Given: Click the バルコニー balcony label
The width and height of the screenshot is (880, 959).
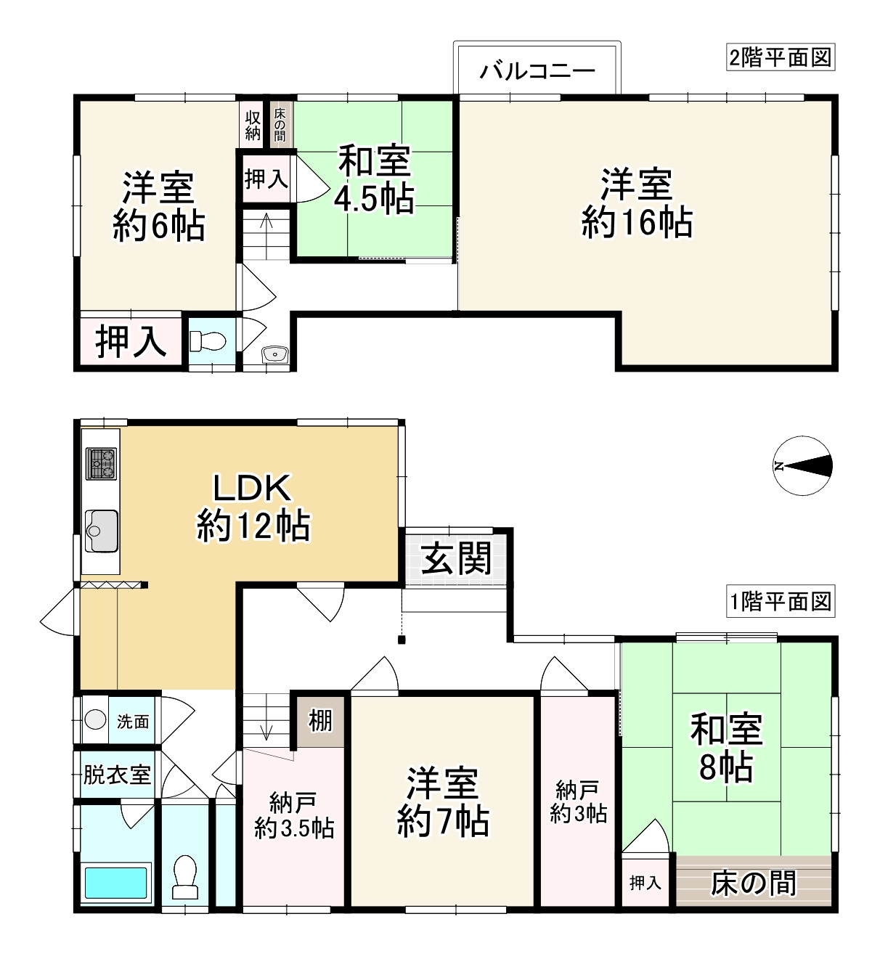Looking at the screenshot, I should pos(537,70).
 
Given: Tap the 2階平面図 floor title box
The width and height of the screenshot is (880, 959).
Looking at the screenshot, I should pos(780,57).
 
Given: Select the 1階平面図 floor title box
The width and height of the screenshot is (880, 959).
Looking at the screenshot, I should pos(780,602).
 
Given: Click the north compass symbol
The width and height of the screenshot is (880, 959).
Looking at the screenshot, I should pos(802,466).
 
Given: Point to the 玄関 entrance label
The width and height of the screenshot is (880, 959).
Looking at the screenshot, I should pos(457,558).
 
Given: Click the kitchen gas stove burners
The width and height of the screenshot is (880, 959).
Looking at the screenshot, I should pos(101,464).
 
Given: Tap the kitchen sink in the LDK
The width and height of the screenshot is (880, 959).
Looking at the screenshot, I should pos(101,531).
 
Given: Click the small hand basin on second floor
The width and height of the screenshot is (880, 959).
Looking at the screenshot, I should pos(275,354).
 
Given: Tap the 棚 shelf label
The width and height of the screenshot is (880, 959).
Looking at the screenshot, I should pos(320,721).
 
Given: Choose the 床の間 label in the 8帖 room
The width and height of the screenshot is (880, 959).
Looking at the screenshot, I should pos(753,883).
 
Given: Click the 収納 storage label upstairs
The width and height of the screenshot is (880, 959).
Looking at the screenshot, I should pos(252,125).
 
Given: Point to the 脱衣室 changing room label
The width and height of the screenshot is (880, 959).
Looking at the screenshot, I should pos(116,775).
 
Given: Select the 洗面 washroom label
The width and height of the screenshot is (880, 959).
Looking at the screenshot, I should pos(133,721).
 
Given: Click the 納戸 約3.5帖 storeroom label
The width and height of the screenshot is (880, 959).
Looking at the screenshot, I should pos(294,815).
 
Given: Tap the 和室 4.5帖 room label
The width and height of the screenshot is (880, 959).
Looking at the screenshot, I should pos(374,179).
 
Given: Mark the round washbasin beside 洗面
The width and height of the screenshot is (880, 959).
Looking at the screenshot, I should pos(94,719).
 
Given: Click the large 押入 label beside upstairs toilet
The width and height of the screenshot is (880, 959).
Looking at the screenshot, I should pos(131,341).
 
